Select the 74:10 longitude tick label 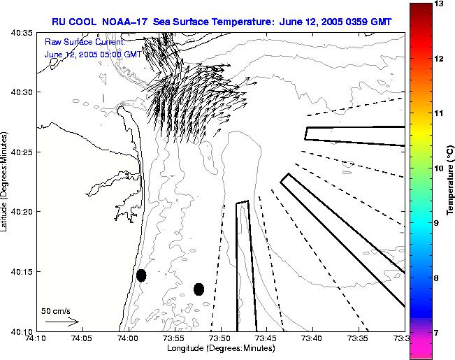point(36,339)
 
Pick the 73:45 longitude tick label point(266,339)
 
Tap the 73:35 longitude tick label point(357,339)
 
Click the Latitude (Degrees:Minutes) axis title point(5,180)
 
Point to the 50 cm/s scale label point(56,310)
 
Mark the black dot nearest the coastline point(141,275)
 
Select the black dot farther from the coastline point(198,289)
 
